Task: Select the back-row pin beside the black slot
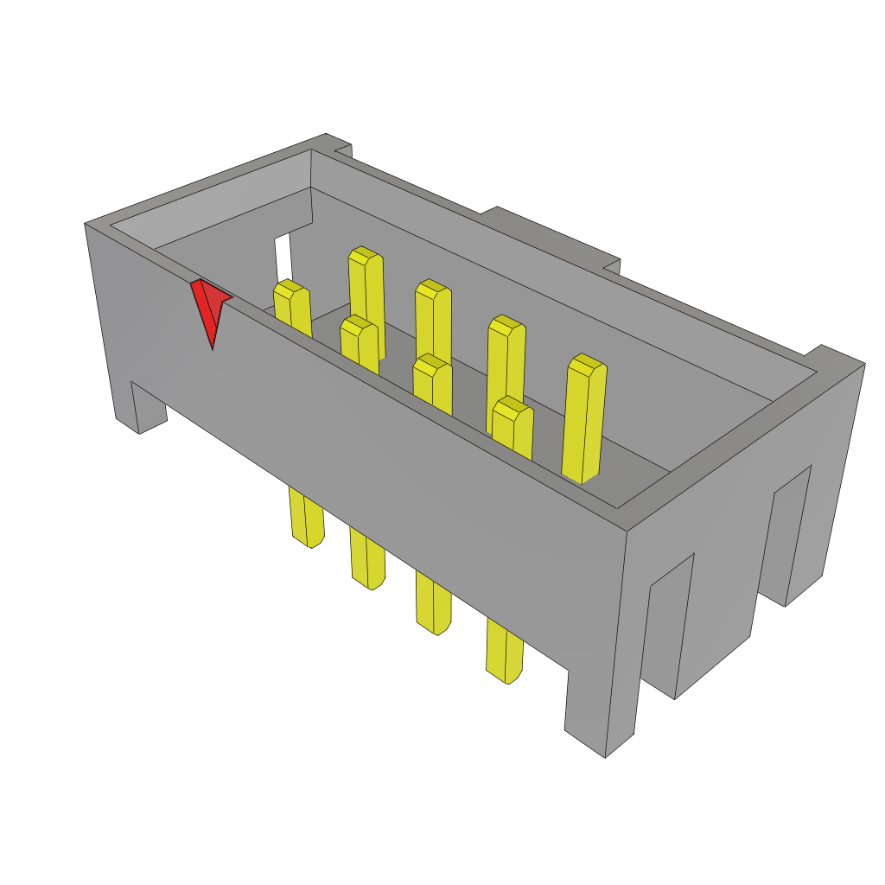point(366,294)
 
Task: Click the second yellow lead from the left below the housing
point(367,562)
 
